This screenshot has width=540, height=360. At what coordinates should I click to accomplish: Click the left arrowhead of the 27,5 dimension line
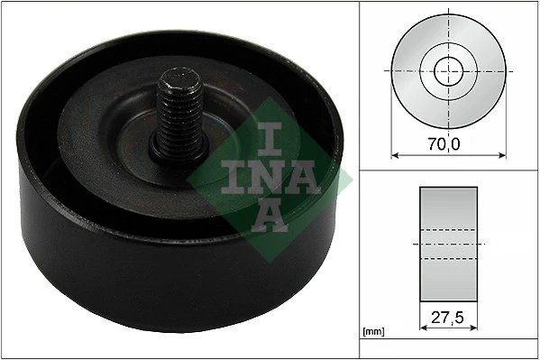coord(423,328)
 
